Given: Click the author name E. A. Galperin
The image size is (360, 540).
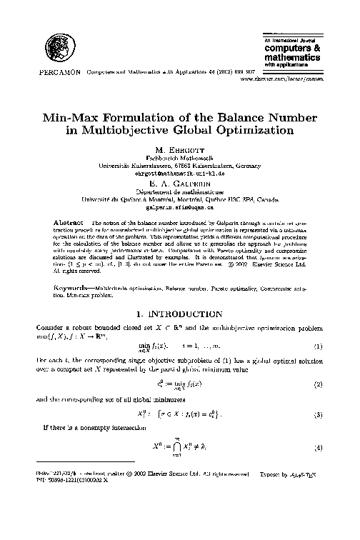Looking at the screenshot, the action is click(x=179, y=183).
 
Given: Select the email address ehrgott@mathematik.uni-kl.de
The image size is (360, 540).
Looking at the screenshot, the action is click(x=179, y=174).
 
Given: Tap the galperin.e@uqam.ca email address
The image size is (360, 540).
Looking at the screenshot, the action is click(x=179, y=208).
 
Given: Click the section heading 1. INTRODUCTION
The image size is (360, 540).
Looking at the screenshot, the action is click(x=179, y=314).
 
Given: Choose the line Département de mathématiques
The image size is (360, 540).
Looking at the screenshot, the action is click(x=179, y=191).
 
